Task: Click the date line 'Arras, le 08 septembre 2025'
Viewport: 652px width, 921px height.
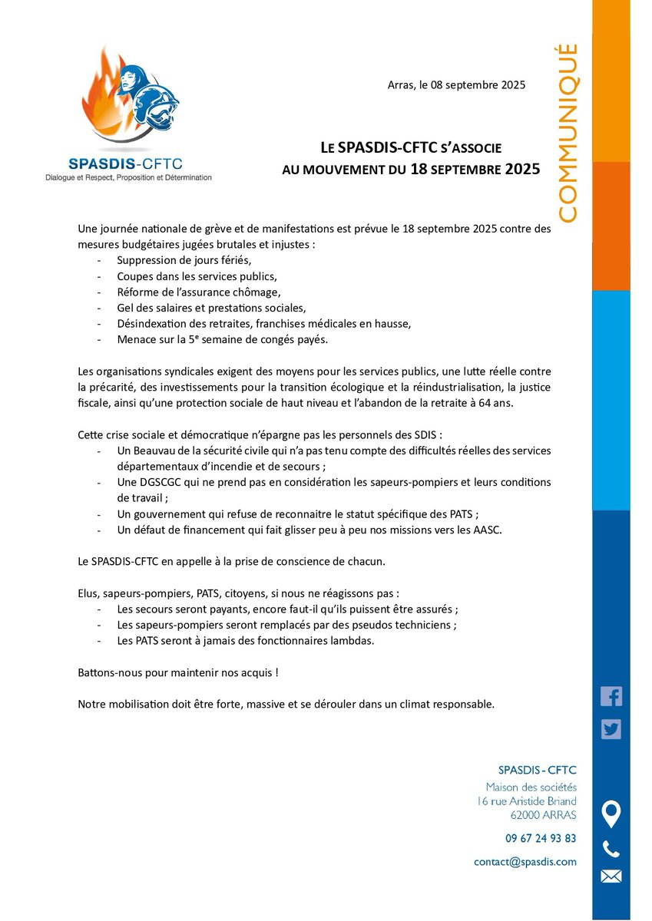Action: click(456, 85)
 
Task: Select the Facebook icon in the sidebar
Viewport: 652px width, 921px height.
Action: click(611, 696)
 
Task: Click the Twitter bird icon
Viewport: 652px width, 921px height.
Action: click(611, 729)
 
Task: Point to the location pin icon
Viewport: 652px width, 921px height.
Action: click(611, 814)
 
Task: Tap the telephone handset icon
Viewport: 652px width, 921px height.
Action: click(611, 849)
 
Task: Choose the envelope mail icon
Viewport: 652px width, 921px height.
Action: click(611, 876)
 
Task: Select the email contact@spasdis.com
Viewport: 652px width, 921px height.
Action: click(525, 862)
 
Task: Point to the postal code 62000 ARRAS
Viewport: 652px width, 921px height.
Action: click(543, 815)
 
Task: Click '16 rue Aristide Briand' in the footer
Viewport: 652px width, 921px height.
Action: click(526, 801)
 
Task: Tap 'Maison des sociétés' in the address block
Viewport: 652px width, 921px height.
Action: click(531, 787)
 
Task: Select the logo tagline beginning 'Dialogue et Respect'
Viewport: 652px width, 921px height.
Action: click(127, 177)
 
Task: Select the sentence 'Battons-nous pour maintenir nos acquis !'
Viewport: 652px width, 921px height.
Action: click(177, 672)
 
